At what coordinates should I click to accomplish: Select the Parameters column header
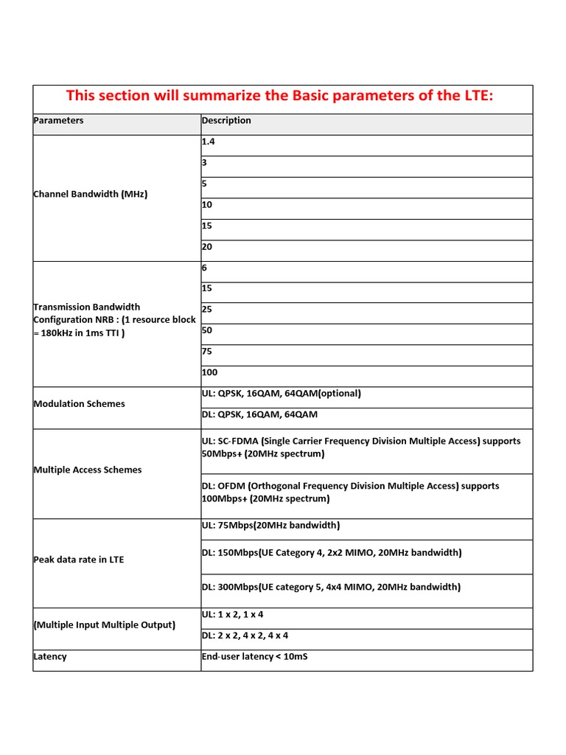pyautogui.click(x=59, y=121)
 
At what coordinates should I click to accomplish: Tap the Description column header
pyautogui.click(x=226, y=121)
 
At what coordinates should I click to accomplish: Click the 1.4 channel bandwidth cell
pyautogui.click(x=209, y=142)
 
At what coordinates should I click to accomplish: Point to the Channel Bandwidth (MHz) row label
pyautogui.click(x=91, y=195)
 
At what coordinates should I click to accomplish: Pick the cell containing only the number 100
pyautogui.click(x=210, y=372)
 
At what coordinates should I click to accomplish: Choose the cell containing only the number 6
pyautogui.click(x=205, y=268)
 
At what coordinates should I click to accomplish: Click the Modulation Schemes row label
pyautogui.click(x=80, y=404)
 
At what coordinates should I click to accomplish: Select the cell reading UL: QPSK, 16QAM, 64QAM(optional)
pyautogui.click(x=281, y=394)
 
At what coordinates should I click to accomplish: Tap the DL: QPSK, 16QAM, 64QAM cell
pyautogui.click(x=259, y=414)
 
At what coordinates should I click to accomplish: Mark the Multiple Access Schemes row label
pyautogui.click(x=88, y=470)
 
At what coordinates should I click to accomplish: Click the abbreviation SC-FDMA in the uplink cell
pyautogui.click(x=237, y=441)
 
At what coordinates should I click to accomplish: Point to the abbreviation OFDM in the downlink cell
pyautogui.click(x=231, y=486)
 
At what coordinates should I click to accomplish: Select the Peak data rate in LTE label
pyautogui.click(x=79, y=560)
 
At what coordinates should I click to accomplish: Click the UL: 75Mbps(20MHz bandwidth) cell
pyautogui.click(x=270, y=526)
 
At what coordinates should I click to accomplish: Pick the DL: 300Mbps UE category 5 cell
pyautogui.click(x=331, y=587)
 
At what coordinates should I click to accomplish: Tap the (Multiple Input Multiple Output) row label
pyautogui.click(x=105, y=625)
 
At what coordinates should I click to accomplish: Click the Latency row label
pyautogui.click(x=50, y=657)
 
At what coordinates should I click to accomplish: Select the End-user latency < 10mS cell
pyautogui.click(x=254, y=656)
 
